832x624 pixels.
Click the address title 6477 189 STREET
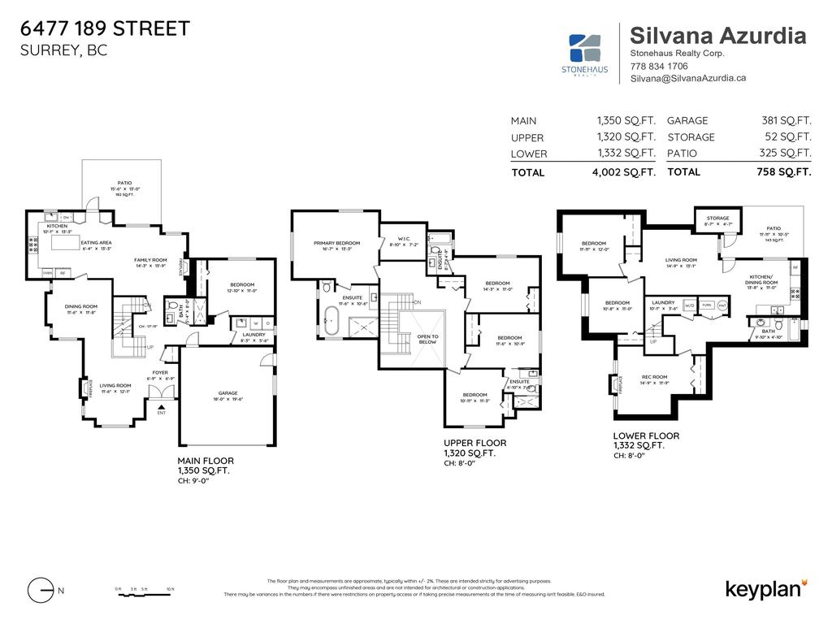pyautogui.click(x=105, y=28)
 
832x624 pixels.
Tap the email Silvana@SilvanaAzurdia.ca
pyautogui.click(x=688, y=78)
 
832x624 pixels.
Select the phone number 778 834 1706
pyautogui.click(x=659, y=66)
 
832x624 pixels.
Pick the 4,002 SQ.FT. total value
pyautogui.click(x=624, y=172)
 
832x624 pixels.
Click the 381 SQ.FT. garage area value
pyautogui.click(x=783, y=120)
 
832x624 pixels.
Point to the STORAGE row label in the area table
pyautogui.click(x=691, y=137)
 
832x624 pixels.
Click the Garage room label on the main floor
pyautogui.click(x=227, y=393)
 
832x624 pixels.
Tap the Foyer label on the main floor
pyautogui.click(x=160, y=373)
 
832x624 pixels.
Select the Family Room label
pyautogui.click(x=150, y=260)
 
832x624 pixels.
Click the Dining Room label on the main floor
pyautogui.click(x=81, y=306)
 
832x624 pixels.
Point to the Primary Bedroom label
pyautogui.click(x=336, y=243)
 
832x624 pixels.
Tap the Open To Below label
pyautogui.click(x=427, y=339)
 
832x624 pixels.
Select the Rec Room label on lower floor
pyautogui.click(x=654, y=376)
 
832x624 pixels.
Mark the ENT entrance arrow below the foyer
pyautogui.click(x=161, y=409)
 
